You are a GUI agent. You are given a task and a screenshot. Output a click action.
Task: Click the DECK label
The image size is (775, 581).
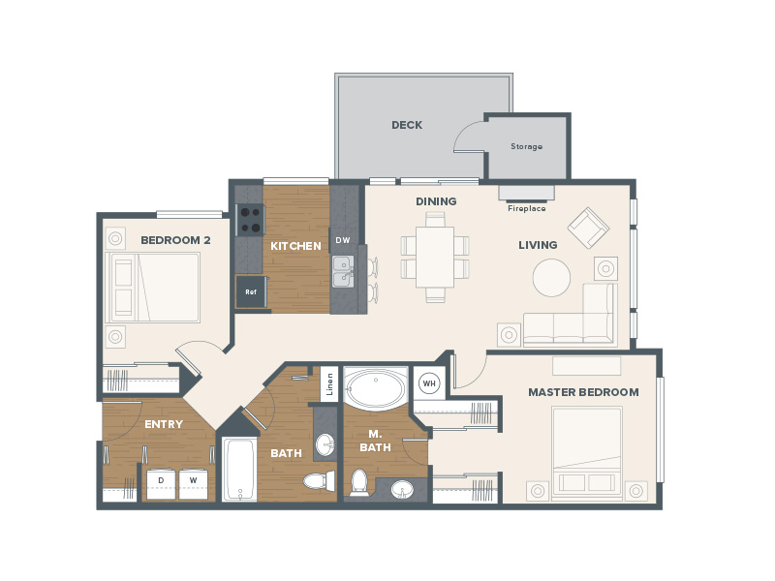tap(407, 125)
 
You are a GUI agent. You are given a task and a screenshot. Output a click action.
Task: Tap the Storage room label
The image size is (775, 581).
tap(526, 146)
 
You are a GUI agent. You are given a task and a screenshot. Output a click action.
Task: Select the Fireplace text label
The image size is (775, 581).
tap(527, 208)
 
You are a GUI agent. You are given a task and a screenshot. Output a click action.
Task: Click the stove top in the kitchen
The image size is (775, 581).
tap(250, 220)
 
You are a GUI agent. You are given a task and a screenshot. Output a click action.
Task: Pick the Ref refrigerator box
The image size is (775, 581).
tap(251, 292)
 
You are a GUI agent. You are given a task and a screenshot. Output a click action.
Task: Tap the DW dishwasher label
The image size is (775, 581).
tap(343, 240)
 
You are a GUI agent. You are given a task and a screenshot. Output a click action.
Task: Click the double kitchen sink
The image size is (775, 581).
tap(343, 271)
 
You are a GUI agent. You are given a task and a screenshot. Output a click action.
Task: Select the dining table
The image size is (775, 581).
tap(435, 257)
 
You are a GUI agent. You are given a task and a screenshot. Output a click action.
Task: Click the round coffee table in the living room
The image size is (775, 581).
tap(551, 278)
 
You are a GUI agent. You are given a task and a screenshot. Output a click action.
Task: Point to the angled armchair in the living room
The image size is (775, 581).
tap(588, 228)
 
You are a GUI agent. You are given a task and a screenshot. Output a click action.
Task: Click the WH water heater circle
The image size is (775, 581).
tap(429, 383)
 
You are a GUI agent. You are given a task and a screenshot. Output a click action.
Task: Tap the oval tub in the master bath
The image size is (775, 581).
tap(376, 388)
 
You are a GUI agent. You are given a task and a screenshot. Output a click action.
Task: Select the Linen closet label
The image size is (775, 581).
tap(329, 384)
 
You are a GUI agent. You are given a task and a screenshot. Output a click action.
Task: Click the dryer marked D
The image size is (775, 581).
tap(161, 483)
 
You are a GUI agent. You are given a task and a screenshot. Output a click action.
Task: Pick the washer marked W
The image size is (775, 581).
tap(193, 483)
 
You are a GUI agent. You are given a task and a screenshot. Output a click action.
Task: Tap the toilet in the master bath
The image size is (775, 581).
tap(359, 482)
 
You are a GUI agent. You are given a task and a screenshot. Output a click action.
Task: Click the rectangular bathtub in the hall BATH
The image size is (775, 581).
tap(239, 470)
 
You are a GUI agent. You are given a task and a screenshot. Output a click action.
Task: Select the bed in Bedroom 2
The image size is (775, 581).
tap(152, 288)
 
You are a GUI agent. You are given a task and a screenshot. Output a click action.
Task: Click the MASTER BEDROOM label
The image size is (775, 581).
tap(583, 392)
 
